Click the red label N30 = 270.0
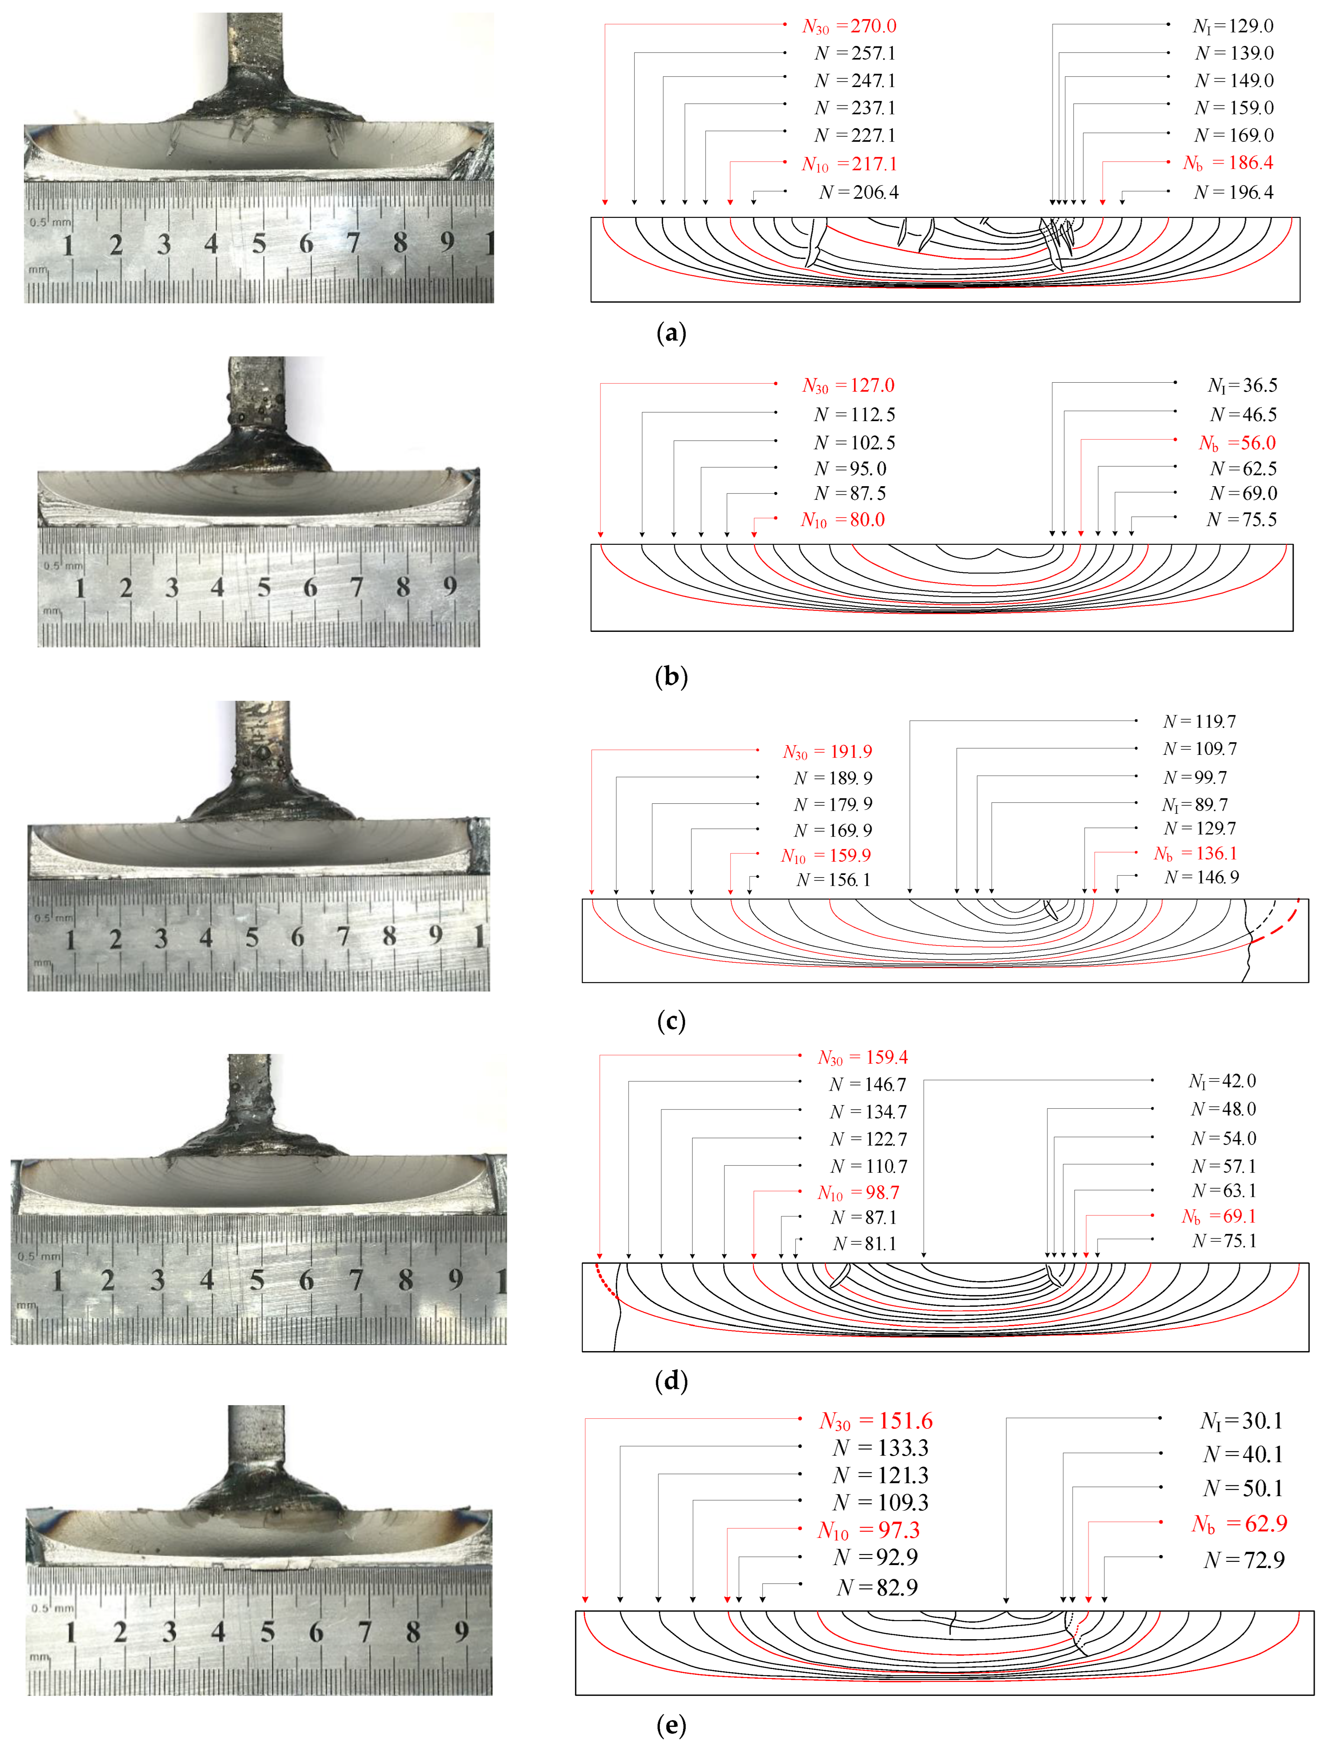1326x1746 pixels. pyautogui.click(x=849, y=26)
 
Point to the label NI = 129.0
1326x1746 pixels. pyautogui.click(x=1233, y=26)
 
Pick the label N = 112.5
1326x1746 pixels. pyautogui.click(x=855, y=414)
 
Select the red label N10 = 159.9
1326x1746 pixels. pyautogui.click(x=826, y=856)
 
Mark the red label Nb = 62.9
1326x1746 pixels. pyautogui.click(x=1239, y=1523)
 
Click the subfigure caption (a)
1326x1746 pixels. pyautogui.click(x=671, y=333)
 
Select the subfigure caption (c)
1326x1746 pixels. pyautogui.click(x=671, y=1021)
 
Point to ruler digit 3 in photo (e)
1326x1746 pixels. pyautogui.click(x=169, y=1632)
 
